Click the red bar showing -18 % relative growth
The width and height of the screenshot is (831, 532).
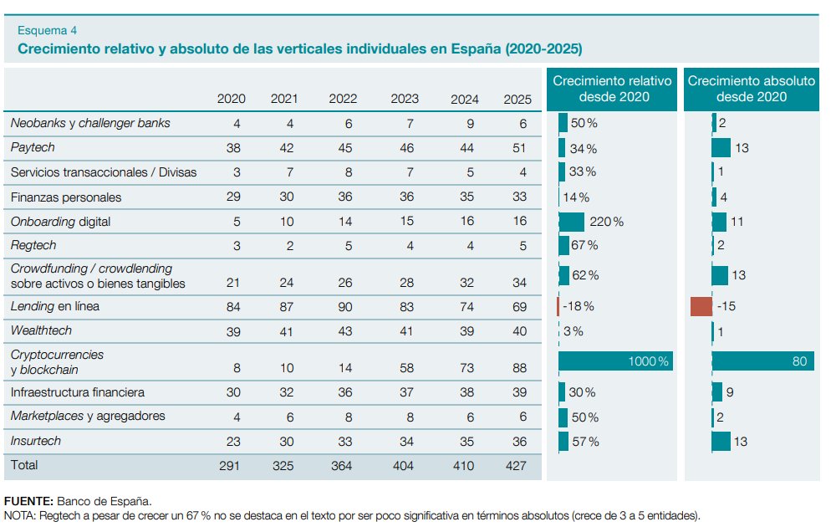558,306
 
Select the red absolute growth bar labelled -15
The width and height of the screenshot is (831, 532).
701,306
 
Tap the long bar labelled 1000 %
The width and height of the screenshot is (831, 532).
615,361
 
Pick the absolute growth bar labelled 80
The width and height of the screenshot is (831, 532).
762,361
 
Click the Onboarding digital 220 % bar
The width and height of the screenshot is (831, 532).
572,222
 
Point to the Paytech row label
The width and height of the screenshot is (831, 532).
33,148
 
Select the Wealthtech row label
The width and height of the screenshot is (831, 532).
41,331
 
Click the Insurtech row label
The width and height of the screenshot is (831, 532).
36,441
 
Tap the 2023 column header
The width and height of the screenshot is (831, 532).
405,99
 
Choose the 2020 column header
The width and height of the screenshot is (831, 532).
231,99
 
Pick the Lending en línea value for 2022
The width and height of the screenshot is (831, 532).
343,307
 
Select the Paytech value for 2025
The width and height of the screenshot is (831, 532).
517,148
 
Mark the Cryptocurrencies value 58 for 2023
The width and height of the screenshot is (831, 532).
405,370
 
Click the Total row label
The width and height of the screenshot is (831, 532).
24,464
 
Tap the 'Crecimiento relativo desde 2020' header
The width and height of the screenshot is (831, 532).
613,89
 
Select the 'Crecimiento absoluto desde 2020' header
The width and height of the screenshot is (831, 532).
751,89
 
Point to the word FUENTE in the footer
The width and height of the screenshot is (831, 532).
28,501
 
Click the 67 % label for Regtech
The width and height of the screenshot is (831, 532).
585,245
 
